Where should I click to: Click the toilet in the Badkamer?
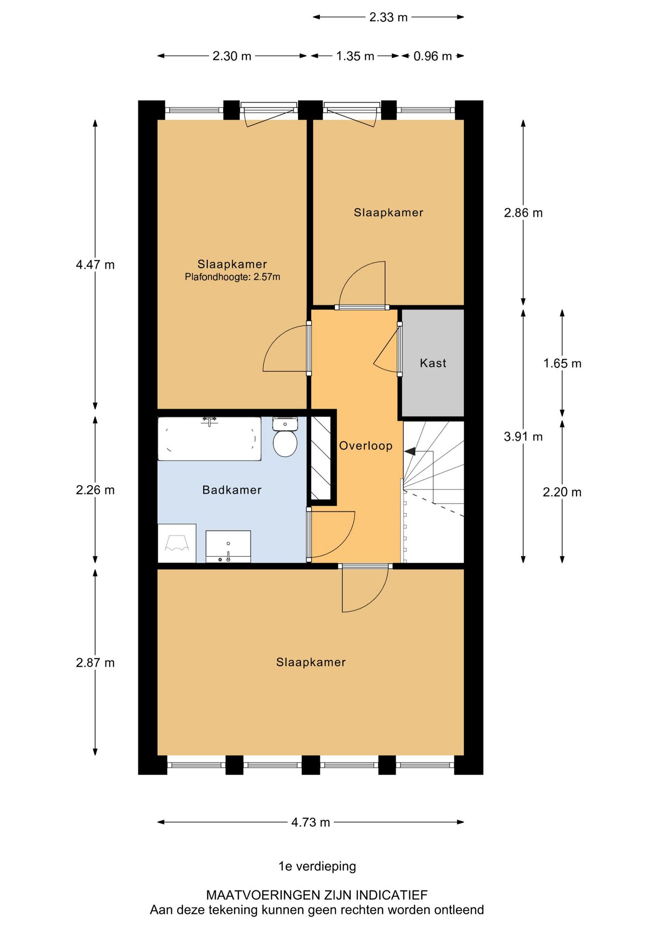285,437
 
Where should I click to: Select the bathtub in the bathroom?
209,439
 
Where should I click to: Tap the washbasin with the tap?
228,547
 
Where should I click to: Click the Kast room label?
433,363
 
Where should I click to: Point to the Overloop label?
366,446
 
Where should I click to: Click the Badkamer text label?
232,490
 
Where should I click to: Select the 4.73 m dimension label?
311,823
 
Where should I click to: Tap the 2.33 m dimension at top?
388,17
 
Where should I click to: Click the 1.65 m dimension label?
562,363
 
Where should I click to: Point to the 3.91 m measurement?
523,437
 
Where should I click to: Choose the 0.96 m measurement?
433,56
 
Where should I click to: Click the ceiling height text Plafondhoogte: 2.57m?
232,277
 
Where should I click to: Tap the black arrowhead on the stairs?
410,451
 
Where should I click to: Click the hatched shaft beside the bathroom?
320,458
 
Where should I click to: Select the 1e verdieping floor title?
317,866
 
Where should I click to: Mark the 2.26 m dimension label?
95,490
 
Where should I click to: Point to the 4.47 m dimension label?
95,265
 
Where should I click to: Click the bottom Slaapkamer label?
311,662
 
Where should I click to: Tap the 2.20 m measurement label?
562,493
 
